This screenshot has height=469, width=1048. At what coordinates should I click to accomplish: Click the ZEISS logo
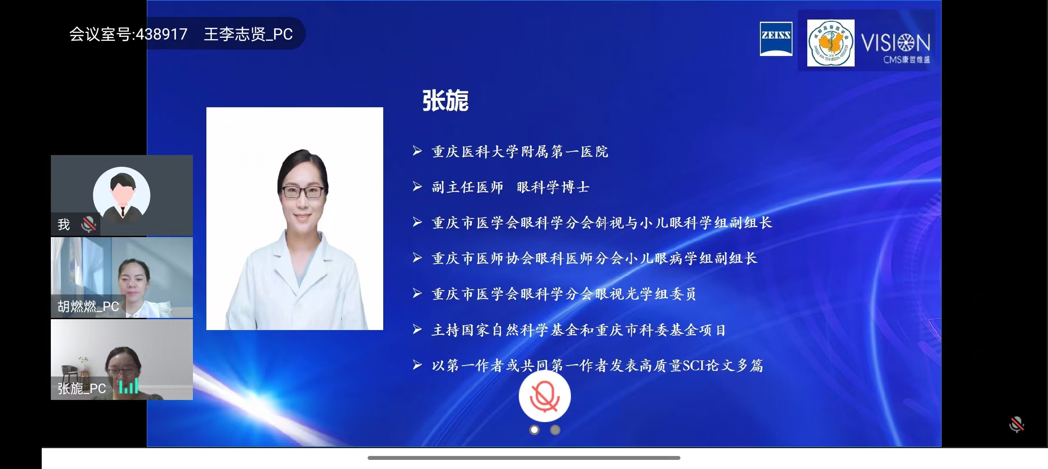tap(776, 39)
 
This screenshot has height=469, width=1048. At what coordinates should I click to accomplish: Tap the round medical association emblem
tap(830, 43)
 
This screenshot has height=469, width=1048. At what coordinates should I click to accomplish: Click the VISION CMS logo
tap(895, 47)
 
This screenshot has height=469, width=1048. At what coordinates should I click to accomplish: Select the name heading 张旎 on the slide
tap(445, 101)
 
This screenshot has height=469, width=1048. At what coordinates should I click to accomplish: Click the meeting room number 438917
tap(161, 34)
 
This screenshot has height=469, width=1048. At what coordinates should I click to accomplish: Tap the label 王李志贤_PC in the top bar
tap(248, 34)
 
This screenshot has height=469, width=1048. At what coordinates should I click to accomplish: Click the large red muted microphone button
tap(544, 396)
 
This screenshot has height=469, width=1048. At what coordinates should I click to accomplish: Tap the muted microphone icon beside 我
tap(89, 224)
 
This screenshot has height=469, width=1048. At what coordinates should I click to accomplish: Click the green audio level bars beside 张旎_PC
tap(129, 386)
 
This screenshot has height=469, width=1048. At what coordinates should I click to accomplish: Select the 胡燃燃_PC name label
tap(88, 307)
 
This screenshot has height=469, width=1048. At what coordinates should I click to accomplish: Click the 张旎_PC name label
tap(82, 388)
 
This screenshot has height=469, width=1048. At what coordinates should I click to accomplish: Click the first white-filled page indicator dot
tap(534, 430)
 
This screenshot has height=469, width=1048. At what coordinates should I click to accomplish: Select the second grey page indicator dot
tap(555, 430)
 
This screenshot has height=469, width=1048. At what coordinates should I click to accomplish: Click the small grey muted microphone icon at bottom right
tap(1016, 424)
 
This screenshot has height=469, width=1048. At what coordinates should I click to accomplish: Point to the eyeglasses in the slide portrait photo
tap(303, 192)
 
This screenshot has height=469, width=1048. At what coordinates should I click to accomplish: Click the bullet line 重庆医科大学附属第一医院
tap(520, 152)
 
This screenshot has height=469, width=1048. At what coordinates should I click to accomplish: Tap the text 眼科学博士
tap(553, 187)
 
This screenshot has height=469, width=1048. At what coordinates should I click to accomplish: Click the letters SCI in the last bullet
tap(693, 366)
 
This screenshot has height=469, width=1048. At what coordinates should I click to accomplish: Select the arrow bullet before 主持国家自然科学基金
tap(417, 330)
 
